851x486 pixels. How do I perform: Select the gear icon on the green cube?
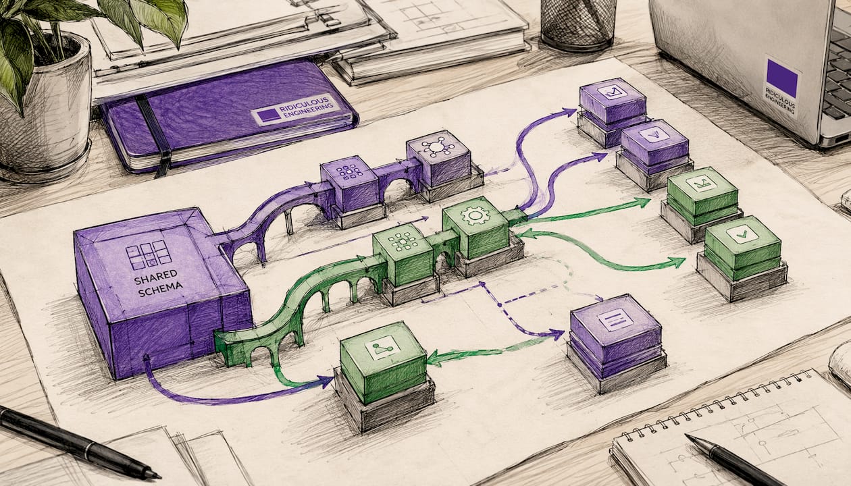click(475, 215)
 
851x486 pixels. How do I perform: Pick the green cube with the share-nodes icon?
click(384, 362)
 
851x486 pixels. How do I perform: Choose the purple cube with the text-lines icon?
click(616, 335)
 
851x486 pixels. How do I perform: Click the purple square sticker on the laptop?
click(782, 78)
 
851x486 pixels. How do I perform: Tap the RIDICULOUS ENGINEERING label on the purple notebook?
click(297, 109)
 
